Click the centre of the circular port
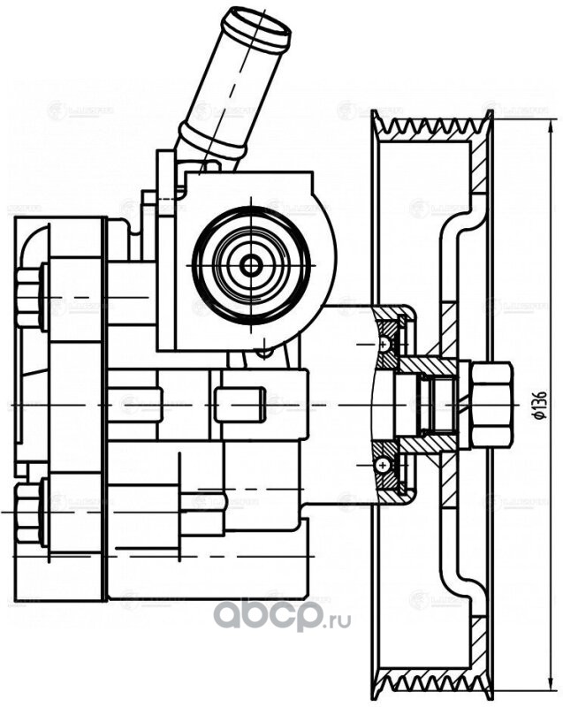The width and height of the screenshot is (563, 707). (x=252, y=262)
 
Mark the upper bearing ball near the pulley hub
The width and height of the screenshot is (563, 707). (x=384, y=342)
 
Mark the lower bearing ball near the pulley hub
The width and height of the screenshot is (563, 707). (x=384, y=464)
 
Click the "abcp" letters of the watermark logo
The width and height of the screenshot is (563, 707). (x=270, y=612)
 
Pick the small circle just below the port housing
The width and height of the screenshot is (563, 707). (x=262, y=353)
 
